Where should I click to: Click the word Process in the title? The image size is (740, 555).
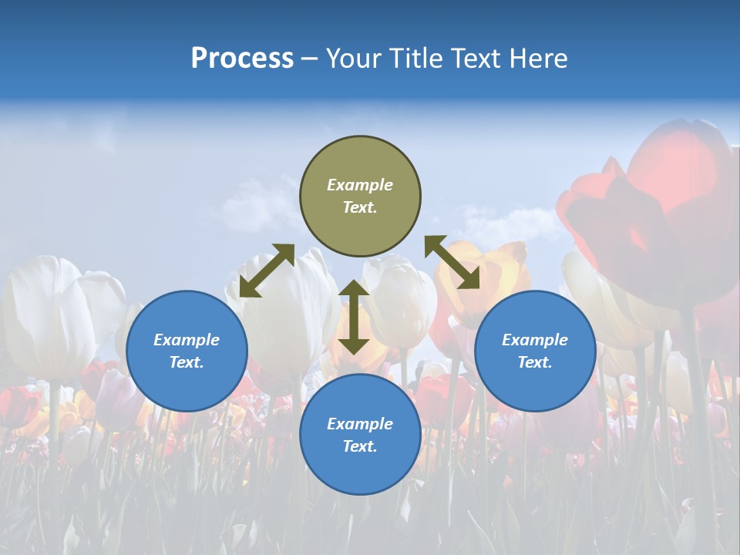(x=242, y=59)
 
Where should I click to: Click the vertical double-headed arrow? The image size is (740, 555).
(x=354, y=317)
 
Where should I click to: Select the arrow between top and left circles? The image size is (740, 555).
(x=267, y=271)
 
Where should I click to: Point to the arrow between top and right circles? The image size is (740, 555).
(x=452, y=262)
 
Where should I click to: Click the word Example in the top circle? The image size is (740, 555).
(x=360, y=185)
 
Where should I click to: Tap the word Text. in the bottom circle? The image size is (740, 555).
(x=360, y=446)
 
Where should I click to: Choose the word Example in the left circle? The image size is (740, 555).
(x=187, y=340)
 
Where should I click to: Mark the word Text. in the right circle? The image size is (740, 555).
(x=535, y=362)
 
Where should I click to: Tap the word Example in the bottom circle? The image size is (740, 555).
(x=360, y=424)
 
